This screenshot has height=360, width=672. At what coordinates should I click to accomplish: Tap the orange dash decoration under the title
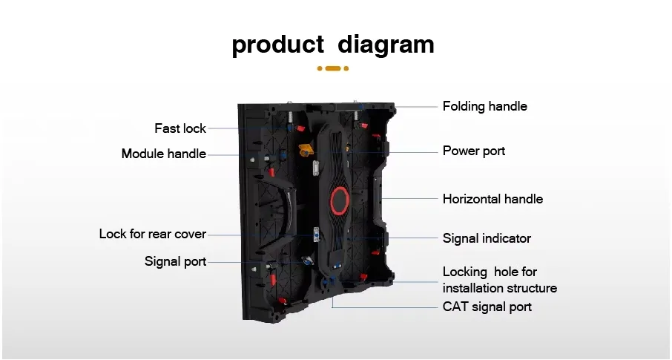tap(333, 68)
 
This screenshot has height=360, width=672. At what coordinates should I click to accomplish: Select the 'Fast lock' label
tap(180, 128)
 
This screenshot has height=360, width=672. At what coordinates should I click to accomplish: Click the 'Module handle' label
tap(164, 154)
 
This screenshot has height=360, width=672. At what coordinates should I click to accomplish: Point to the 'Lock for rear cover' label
tap(153, 234)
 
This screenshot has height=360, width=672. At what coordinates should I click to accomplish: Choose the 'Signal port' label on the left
tap(175, 261)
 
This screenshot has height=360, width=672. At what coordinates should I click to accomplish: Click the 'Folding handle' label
tap(485, 106)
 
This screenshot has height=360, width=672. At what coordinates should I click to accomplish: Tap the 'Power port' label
tap(474, 151)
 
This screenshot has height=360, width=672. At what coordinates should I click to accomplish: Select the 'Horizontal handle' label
tap(493, 199)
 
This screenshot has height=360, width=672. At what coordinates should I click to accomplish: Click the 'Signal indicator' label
tap(487, 238)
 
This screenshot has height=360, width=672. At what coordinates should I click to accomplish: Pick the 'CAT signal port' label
tap(487, 307)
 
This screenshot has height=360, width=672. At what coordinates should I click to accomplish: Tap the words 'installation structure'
tap(500, 288)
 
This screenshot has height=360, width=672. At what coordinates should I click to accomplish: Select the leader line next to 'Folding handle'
tap(415, 106)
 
